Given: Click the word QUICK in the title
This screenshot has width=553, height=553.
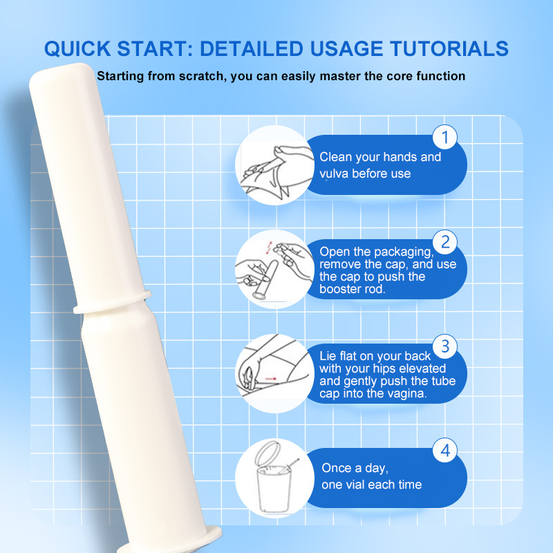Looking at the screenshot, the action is click(x=77, y=48).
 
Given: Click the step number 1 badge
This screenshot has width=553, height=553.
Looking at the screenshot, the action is click(x=445, y=137).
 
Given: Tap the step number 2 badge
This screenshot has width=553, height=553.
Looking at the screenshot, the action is click(x=445, y=243).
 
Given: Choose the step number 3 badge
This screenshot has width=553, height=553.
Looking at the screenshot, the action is click(x=445, y=346).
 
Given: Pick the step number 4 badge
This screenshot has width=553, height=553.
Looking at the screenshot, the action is click(x=445, y=451).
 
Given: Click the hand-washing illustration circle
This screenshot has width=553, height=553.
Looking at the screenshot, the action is click(x=274, y=165).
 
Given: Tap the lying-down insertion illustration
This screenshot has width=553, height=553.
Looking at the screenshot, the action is click(x=274, y=373).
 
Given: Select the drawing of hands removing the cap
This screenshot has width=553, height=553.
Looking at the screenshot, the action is click(x=274, y=270).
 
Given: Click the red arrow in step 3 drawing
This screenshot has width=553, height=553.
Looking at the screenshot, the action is click(x=271, y=379).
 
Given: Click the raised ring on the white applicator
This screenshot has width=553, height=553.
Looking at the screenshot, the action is click(x=113, y=302).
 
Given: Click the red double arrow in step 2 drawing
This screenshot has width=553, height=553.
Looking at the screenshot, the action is click(x=270, y=248).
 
